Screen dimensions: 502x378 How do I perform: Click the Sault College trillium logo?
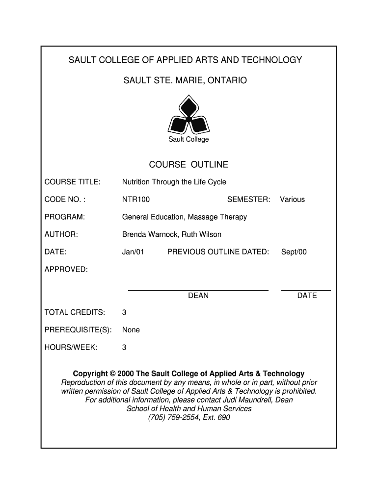click(189, 116)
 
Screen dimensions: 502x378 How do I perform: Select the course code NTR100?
click(136, 200)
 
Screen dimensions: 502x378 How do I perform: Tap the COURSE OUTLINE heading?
click(189, 165)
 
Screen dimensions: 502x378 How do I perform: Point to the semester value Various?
click(292, 200)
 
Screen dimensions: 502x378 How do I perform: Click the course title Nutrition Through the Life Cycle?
click(174, 182)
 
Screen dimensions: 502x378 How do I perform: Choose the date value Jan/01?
click(133, 252)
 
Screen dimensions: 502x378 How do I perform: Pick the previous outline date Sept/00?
click(294, 252)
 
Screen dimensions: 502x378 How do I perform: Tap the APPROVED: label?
click(66, 270)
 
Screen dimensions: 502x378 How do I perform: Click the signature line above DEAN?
click(198, 290)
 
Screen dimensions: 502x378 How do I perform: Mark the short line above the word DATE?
click(306, 290)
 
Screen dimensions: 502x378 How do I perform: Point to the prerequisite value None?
click(131, 330)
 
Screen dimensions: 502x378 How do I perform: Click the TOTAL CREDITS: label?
click(75, 312)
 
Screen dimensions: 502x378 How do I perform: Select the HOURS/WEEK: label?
click(71, 348)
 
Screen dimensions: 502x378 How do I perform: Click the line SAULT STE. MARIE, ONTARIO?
click(185, 80)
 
